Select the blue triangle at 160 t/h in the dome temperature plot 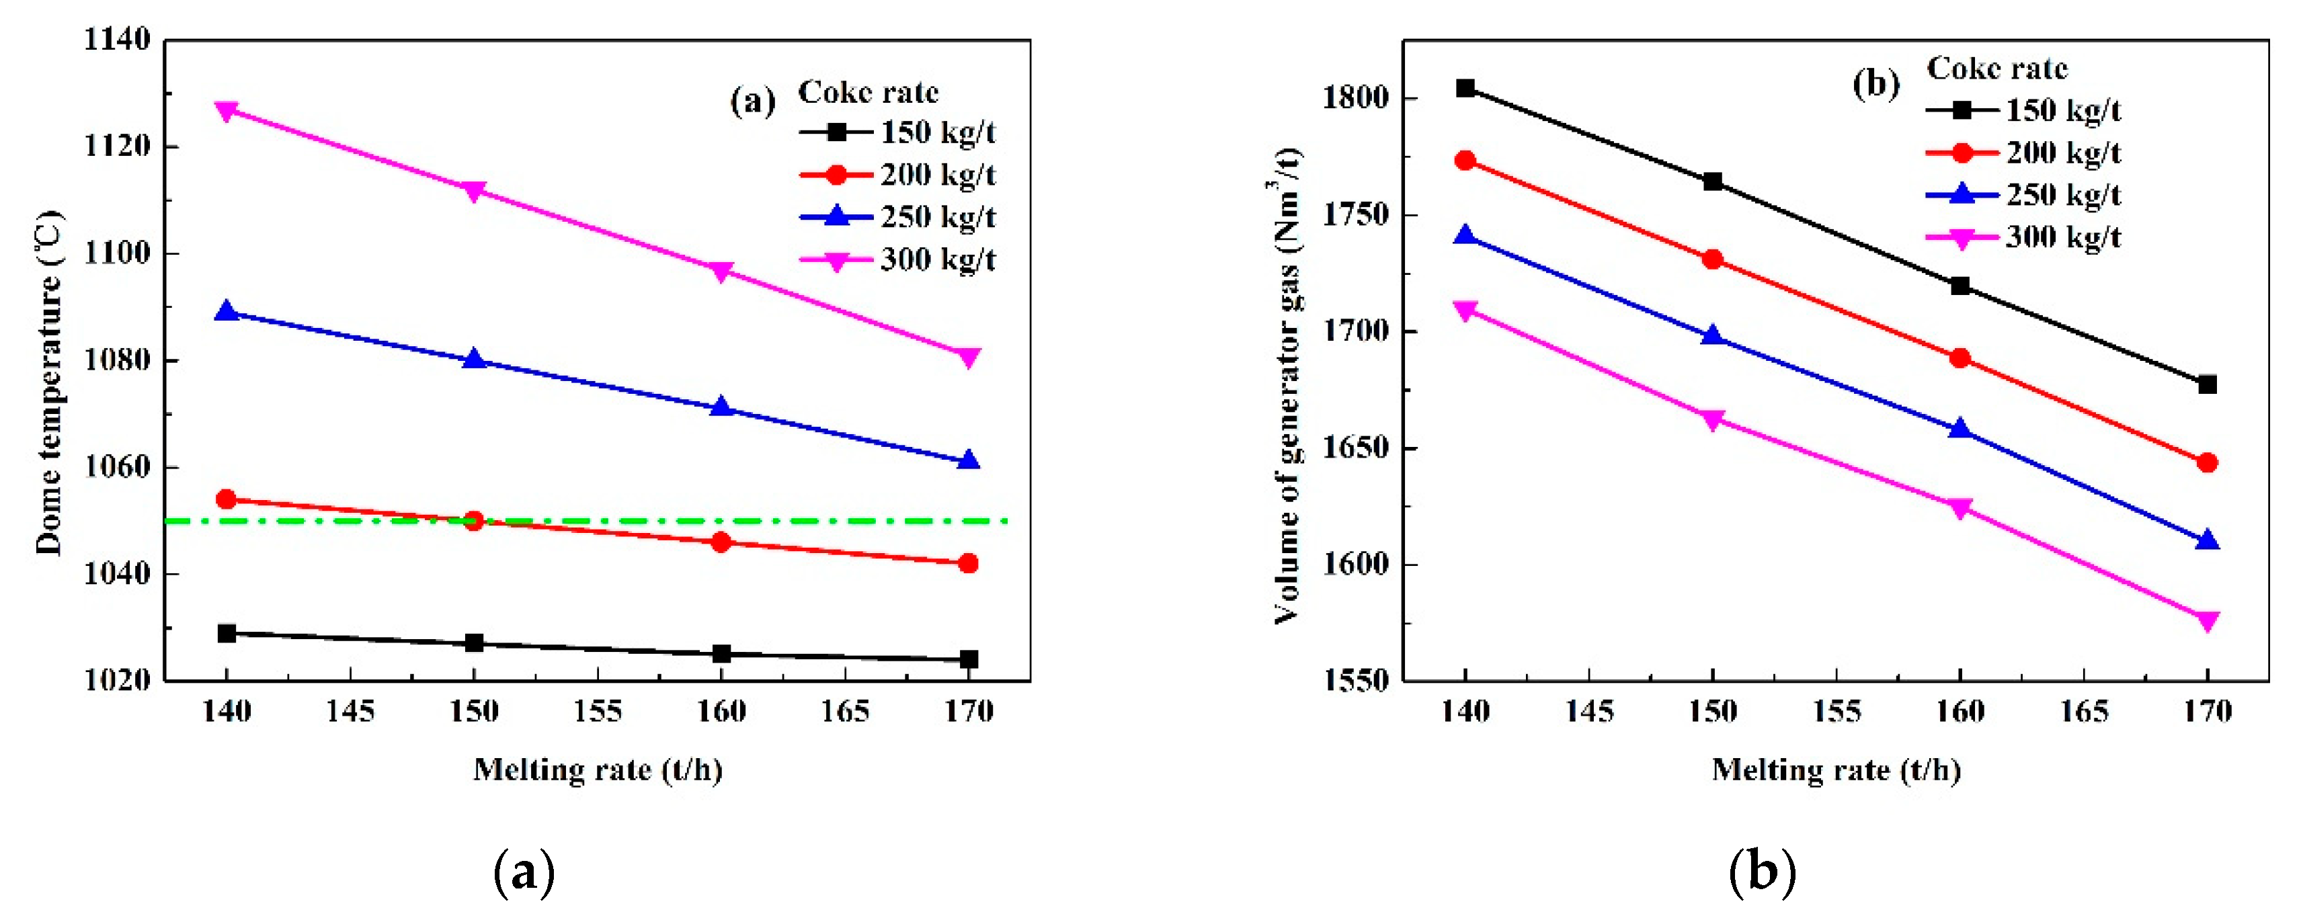coord(721,407)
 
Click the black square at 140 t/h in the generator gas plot coord(1465,87)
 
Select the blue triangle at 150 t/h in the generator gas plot coord(1712,336)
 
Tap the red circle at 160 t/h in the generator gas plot coord(1960,358)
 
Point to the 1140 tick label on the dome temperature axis coord(117,40)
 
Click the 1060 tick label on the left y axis coord(117,467)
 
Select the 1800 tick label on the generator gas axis coord(1356,97)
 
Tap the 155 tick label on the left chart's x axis coord(598,712)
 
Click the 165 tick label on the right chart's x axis coord(2083,712)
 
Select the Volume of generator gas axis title coord(1286,384)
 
